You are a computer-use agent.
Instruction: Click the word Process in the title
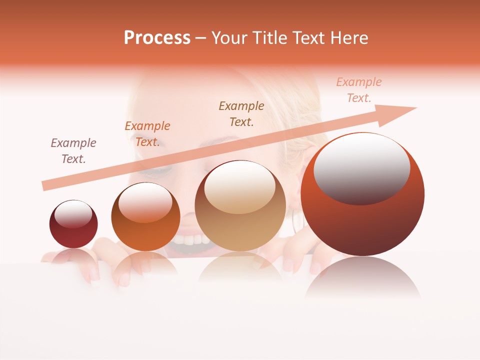157,38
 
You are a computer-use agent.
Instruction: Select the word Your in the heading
229,38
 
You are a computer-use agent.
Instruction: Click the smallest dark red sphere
73,225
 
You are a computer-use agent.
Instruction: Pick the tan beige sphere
240,210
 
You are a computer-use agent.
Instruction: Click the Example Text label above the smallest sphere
73,151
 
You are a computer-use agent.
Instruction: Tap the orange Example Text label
147,134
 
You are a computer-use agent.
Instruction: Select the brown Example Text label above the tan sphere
241,113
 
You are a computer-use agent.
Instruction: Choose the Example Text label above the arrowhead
359,90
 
